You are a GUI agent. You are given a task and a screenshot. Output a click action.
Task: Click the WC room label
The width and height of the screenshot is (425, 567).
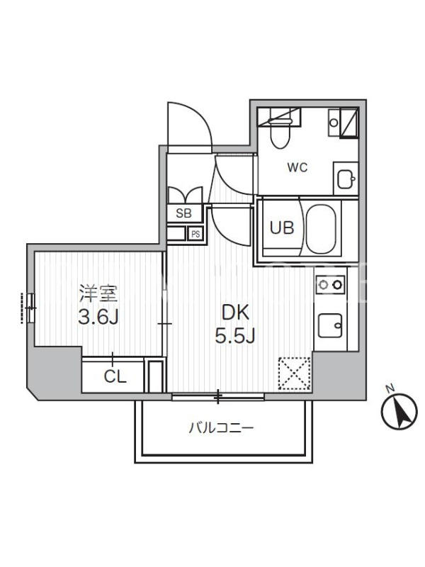(297, 167)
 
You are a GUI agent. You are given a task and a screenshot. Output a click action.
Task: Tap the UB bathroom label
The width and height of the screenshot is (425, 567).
(282, 228)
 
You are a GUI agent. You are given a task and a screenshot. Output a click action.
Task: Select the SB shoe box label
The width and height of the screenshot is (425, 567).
(183, 213)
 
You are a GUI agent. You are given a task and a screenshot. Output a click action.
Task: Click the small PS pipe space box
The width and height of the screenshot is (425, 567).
(195, 234)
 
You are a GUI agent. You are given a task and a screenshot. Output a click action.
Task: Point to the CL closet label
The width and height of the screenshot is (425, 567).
(115, 377)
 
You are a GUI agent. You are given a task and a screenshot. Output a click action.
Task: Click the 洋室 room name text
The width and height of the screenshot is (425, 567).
(98, 294)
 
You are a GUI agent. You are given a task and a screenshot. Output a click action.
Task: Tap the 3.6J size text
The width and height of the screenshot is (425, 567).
(98, 318)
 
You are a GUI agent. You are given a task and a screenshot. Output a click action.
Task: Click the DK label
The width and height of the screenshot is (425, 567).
(235, 313)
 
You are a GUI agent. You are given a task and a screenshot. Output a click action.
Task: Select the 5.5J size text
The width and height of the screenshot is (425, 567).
(235, 336)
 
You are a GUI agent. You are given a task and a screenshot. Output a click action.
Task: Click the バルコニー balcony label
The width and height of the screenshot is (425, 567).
(221, 429)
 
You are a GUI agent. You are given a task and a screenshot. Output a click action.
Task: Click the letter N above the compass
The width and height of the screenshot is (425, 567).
(390, 389)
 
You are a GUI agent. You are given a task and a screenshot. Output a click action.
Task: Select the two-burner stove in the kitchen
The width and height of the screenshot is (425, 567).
(330, 285)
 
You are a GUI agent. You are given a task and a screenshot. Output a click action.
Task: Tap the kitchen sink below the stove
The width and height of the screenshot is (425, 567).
(330, 325)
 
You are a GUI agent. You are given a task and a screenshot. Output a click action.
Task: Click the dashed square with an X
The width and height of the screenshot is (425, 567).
(294, 374)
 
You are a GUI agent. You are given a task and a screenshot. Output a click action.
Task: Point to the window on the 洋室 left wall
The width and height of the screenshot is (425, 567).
(28, 308)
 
